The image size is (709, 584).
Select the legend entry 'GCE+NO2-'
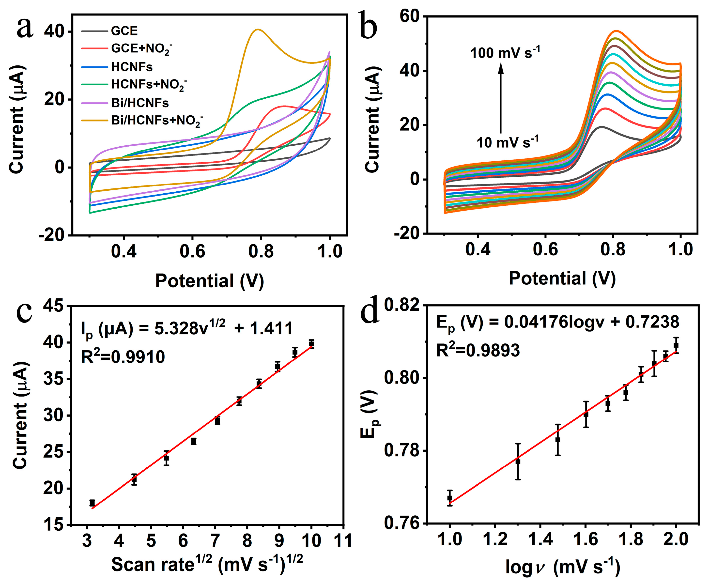point(141,49)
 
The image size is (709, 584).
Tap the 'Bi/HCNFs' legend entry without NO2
point(139,103)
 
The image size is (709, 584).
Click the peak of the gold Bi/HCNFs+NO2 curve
point(258,30)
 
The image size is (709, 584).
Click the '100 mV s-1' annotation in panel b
point(505,53)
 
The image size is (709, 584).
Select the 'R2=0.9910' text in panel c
point(123,357)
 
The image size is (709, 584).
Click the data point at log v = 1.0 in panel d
point(450,498)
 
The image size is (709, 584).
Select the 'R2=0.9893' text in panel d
point(478,351)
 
